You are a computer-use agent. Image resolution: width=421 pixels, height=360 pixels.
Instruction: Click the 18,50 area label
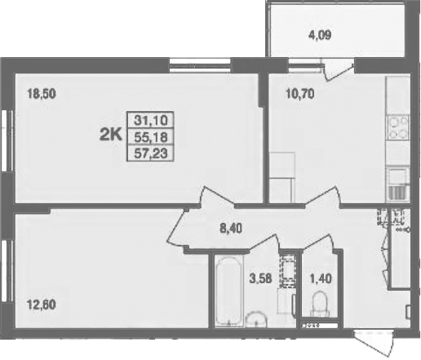coord(42,94)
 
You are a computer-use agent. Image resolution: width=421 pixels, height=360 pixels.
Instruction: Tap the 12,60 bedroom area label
coord(42,304)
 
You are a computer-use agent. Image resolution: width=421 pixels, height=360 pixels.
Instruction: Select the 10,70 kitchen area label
coord(300,94)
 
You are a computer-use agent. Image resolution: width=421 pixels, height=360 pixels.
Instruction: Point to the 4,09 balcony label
coord(320,35)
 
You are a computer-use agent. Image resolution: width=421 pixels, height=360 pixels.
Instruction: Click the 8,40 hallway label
coord(231,229)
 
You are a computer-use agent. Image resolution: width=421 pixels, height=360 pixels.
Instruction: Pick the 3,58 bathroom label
coord(261,278)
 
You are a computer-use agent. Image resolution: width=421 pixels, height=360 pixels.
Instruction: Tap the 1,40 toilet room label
coord(321,278)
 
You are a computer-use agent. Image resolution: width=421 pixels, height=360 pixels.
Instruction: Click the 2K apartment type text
coord(111,136)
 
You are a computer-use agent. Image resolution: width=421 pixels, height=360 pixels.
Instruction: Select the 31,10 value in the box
coord(151,120)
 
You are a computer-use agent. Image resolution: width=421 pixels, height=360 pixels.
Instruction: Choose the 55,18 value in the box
coord(151,137)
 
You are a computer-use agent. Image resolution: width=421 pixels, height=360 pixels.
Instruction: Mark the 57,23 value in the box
coord(151,153)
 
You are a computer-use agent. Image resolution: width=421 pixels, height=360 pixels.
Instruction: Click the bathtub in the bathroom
coord(228,291)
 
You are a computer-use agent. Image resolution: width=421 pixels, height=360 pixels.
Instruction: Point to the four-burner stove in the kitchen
coord(398,127)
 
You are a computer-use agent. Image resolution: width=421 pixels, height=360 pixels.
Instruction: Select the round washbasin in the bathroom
coord(256,319)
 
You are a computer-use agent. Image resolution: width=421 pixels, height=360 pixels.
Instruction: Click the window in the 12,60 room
coord(7,271)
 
